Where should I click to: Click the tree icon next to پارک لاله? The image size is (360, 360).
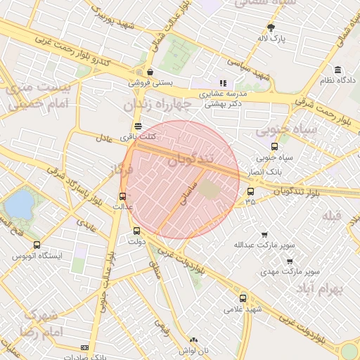tap(271, 28)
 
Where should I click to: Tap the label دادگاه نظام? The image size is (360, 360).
tap(338, 81)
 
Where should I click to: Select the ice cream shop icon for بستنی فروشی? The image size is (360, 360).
tap(150, 72)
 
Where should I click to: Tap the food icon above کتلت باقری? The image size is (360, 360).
tap(138, 127)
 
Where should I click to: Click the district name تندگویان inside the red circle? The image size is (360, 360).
tap(191, 159)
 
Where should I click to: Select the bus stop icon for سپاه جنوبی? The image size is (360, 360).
tap(274, 147)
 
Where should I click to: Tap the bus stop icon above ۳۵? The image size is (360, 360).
tap(250, 191)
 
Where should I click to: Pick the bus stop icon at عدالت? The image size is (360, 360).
tap(123, 196)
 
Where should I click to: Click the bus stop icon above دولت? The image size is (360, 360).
tap(136, 231)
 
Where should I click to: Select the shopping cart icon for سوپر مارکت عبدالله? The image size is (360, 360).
tap(264, 235)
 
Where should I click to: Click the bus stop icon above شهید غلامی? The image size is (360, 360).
tap(243, 298)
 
